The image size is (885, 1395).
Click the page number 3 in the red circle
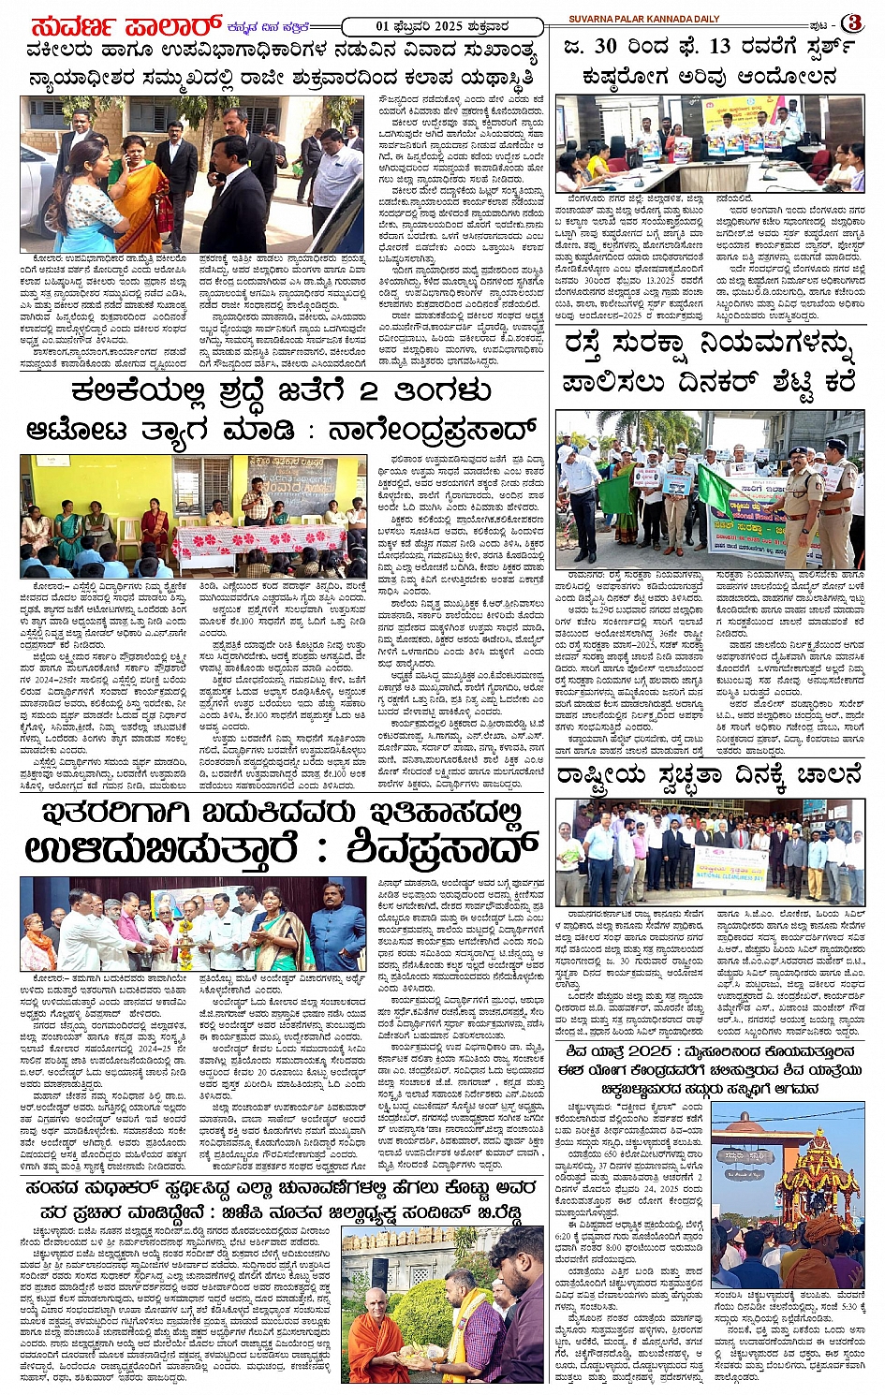pos(851,22)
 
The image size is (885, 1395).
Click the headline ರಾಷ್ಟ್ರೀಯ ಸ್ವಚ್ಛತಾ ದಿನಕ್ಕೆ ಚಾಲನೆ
pos(708,775)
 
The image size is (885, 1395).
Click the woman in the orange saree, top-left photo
pos(140,192)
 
